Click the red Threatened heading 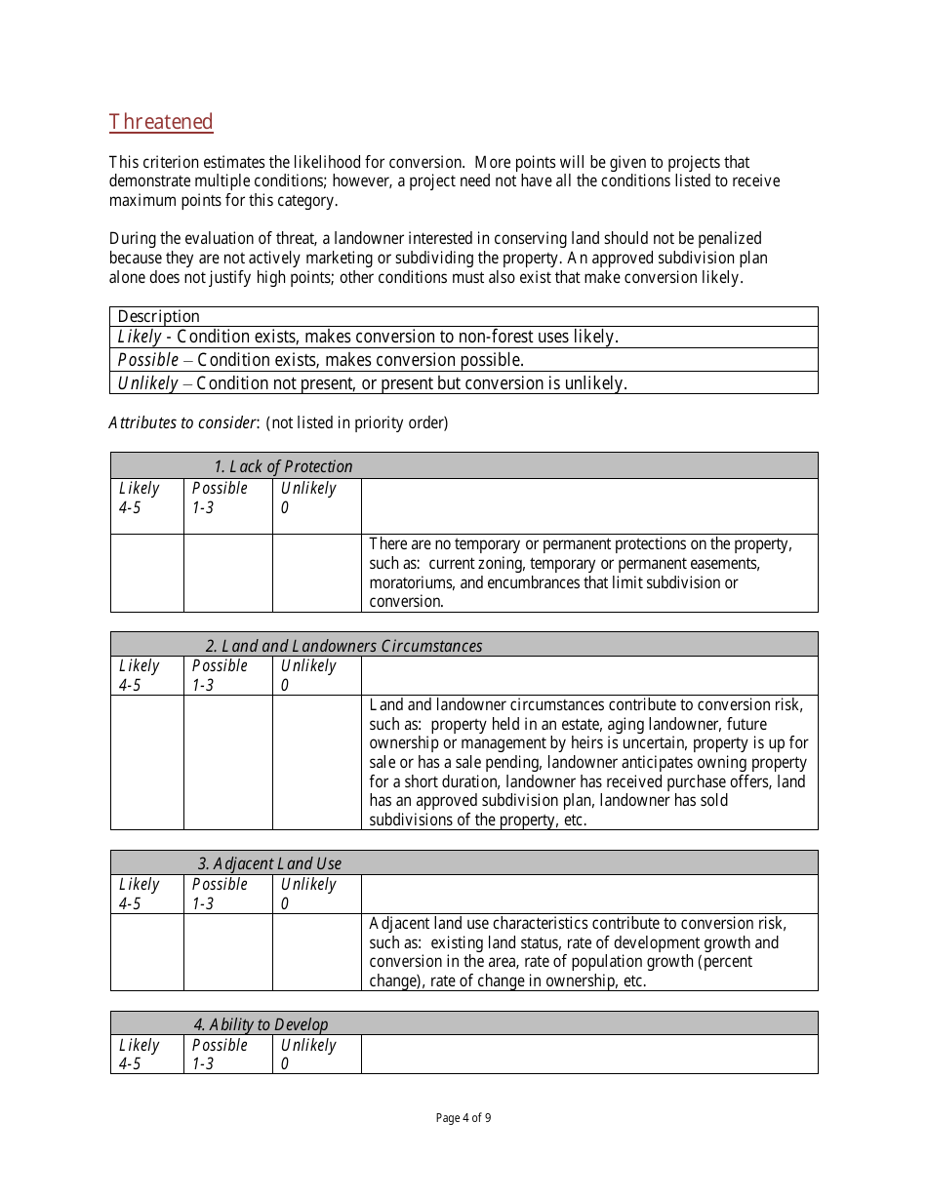click(161, 122)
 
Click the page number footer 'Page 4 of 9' click(463, 1118)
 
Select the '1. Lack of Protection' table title click(283, 466)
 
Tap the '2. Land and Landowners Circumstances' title click(343, 646)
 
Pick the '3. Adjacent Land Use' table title click(269, 863)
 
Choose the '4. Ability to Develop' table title click(261, 1024)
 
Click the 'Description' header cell click(158, 316)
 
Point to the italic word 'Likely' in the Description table click(140, 337)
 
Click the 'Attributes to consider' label click(182, 423)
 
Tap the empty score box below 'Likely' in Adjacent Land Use click(146, 951)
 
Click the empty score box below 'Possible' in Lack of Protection click(227, 573)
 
